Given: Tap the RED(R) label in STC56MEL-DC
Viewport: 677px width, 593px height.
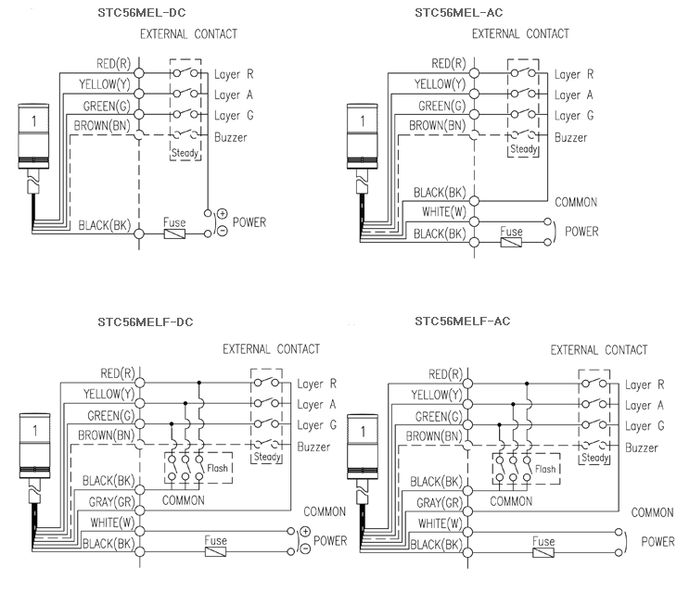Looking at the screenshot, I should tap(112, 64).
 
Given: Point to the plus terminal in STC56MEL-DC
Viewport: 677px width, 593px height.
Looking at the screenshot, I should tap(222, 214).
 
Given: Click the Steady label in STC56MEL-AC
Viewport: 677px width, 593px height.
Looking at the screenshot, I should tap(523, 149).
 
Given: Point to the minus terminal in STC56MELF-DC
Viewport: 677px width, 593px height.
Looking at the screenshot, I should tap(304, 549).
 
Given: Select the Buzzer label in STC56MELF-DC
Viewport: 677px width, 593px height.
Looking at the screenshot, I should tap(314, 447).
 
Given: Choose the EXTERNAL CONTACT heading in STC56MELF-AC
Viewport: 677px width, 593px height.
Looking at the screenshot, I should tap(599, 349).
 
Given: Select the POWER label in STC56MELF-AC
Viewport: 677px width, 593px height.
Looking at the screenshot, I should tap(658, 542).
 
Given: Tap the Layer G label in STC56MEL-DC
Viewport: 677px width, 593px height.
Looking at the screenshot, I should tap(235, 116).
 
